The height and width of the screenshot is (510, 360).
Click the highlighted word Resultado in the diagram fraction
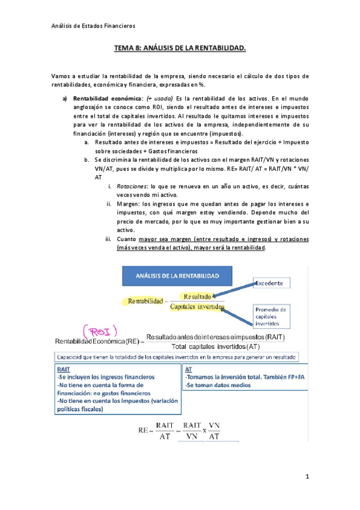[197, 296]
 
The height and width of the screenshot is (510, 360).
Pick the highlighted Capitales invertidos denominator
[197, 307]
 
